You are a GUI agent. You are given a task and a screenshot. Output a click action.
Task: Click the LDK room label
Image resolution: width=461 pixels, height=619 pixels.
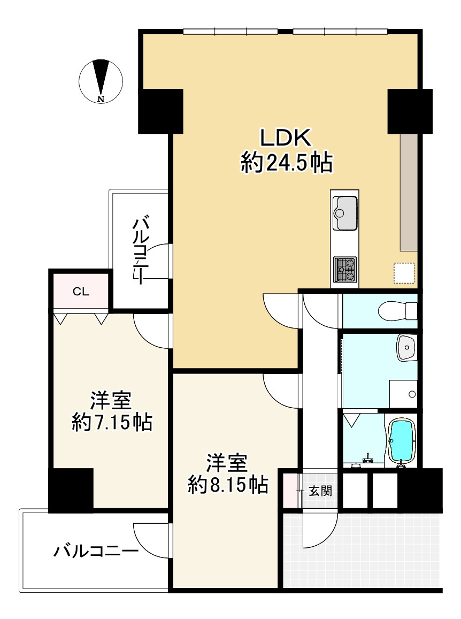click(286, 138)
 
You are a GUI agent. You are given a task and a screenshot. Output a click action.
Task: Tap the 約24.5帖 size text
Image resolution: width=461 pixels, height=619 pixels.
click(287, 163)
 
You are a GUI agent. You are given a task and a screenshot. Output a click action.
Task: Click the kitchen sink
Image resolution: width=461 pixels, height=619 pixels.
click(345, 212)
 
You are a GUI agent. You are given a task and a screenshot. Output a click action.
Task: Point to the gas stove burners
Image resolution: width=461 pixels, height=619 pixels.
click(345, 270)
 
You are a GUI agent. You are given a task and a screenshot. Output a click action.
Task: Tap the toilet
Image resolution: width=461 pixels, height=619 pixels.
click(397, 311)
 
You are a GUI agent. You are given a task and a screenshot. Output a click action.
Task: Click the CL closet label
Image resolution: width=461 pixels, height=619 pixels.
click(81, 292)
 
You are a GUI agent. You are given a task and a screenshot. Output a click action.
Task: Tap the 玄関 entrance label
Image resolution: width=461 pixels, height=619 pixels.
click(320, 491)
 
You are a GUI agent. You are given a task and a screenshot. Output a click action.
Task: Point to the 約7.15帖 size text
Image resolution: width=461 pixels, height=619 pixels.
click(112, 423)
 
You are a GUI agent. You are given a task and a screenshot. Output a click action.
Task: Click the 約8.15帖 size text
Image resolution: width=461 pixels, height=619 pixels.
click(228, 484)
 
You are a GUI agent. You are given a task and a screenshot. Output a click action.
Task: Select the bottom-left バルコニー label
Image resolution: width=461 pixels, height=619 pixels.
click(96, 551)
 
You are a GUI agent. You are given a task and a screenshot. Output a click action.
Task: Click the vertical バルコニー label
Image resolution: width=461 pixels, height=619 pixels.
click(140, 249)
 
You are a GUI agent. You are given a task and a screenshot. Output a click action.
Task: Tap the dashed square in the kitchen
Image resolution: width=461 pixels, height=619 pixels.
click(404, 273)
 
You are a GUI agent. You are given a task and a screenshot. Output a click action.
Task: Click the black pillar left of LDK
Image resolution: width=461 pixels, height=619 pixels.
click(160, 111)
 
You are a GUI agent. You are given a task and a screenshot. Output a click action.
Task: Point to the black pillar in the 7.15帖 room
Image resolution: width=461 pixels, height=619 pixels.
click(71, 490)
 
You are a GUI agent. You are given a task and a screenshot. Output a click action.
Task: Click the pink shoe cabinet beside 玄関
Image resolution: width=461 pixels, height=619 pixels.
click(290, 490)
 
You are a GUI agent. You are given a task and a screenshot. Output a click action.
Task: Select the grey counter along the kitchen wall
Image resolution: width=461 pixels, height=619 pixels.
click(409, 192)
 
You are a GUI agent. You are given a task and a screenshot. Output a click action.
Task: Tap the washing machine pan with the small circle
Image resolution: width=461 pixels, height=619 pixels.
click(403, 394)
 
